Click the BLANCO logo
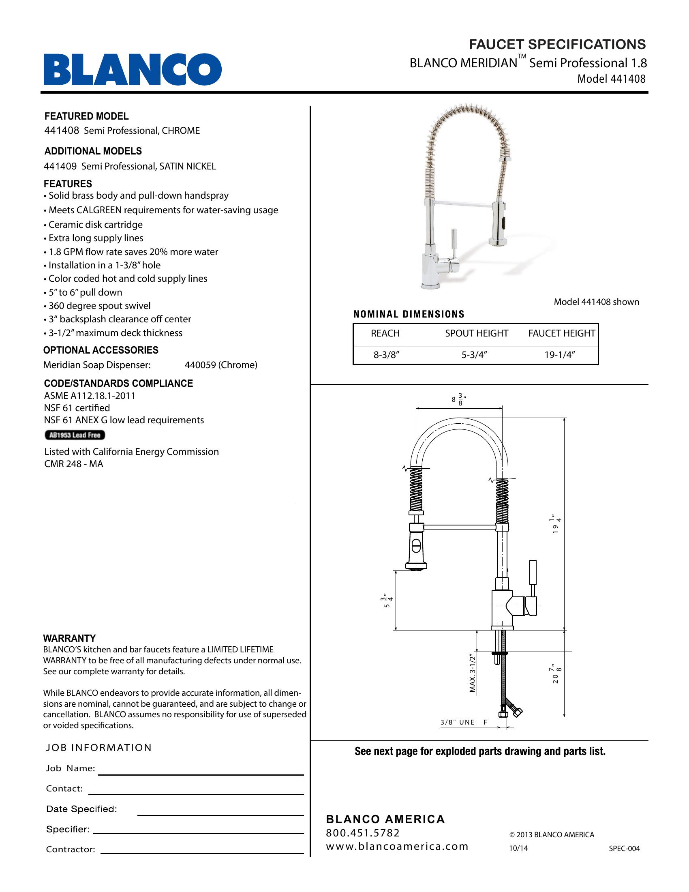(x=133, y=69)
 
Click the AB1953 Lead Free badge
(x=75, y=435)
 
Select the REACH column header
(x=385, y=333)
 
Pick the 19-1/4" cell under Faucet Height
(x=560, y=355)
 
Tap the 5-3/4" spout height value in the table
(x=475, y=355)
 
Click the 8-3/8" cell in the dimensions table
(x=386, y=355)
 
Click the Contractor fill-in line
(x=202, y=853)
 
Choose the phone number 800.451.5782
(x=362, y=833)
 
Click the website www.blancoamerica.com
(x=397, y=846)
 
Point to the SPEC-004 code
(x=624, y=848)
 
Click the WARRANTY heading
(x=69, y=638)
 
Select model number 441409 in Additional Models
(x=60, y=166)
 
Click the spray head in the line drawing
(x=416, y=547)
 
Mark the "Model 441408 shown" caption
(x=596, y=302)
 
